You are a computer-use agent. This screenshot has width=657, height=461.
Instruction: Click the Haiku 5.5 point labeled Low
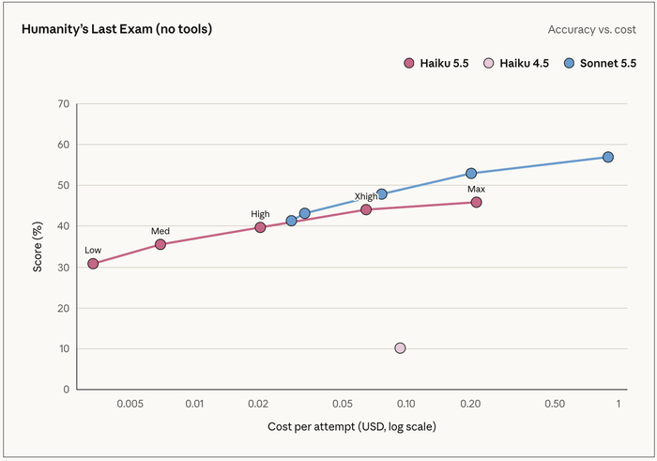[93, 264]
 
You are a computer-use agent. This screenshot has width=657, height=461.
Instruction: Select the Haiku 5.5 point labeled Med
[160, 244]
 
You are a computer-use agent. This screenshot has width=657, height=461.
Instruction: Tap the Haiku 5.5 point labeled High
[260, 227]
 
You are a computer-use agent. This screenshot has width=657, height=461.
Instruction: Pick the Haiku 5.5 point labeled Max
[476, 203]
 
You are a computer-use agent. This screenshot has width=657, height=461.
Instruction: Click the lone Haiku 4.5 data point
[400, 347]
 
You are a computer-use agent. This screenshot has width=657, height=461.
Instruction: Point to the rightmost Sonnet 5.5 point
[608, 157]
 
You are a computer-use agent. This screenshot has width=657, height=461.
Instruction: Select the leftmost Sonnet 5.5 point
[291, 221]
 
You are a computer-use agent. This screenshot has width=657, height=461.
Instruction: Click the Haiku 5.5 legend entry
[436, 63]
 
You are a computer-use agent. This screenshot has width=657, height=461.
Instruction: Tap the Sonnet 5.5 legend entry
[600, 63]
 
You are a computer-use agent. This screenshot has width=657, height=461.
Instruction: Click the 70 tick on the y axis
[64, 103]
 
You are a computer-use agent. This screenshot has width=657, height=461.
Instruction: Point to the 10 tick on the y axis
[64, 348]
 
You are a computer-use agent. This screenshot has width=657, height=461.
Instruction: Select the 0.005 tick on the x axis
[130, 404]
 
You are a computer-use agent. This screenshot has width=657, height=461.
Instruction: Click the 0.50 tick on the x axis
[555, 404]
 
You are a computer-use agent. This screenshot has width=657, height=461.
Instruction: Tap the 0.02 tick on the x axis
[258, 404]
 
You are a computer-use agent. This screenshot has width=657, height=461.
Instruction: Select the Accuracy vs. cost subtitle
[591, 30]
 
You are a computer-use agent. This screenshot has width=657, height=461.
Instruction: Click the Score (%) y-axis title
[38, 247]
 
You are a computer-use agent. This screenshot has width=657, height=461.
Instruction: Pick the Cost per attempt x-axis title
[352, 426]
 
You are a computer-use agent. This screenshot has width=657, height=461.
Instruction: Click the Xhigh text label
[366, 196]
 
